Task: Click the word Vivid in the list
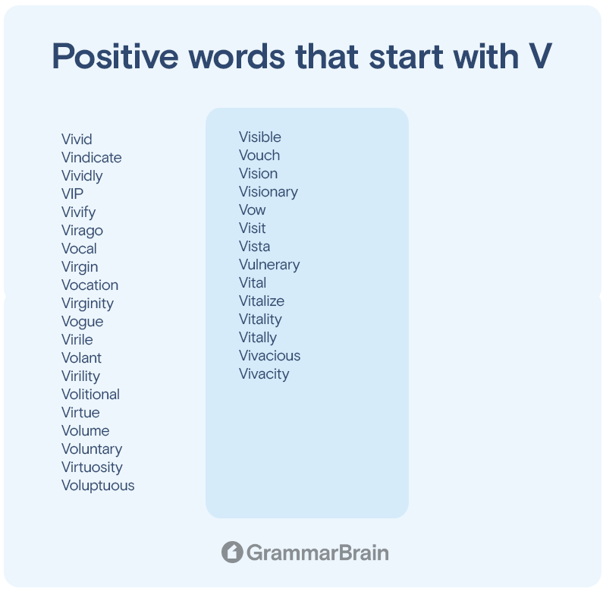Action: [77, 140]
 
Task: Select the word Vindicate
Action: [92, 157]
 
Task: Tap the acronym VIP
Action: [72, 194]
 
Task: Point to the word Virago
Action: [83, 231]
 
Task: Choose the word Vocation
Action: [90, 285]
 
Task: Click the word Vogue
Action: [83, 322]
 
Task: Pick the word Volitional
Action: [91, 395]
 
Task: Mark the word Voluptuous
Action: [98, 486]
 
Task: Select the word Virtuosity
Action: [92, 467]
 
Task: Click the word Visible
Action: [260, 137]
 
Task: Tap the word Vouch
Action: [259, 156]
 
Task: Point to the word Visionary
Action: [269, 192]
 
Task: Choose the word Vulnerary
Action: [269, 265]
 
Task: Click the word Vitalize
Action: [262, 301]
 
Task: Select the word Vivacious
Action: [269, 356]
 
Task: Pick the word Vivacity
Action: [264, 374]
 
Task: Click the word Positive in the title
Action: [115, 56]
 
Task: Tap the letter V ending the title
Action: [540, 56]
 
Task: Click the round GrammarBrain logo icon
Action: [232, 552]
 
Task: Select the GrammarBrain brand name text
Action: [318, 553]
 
